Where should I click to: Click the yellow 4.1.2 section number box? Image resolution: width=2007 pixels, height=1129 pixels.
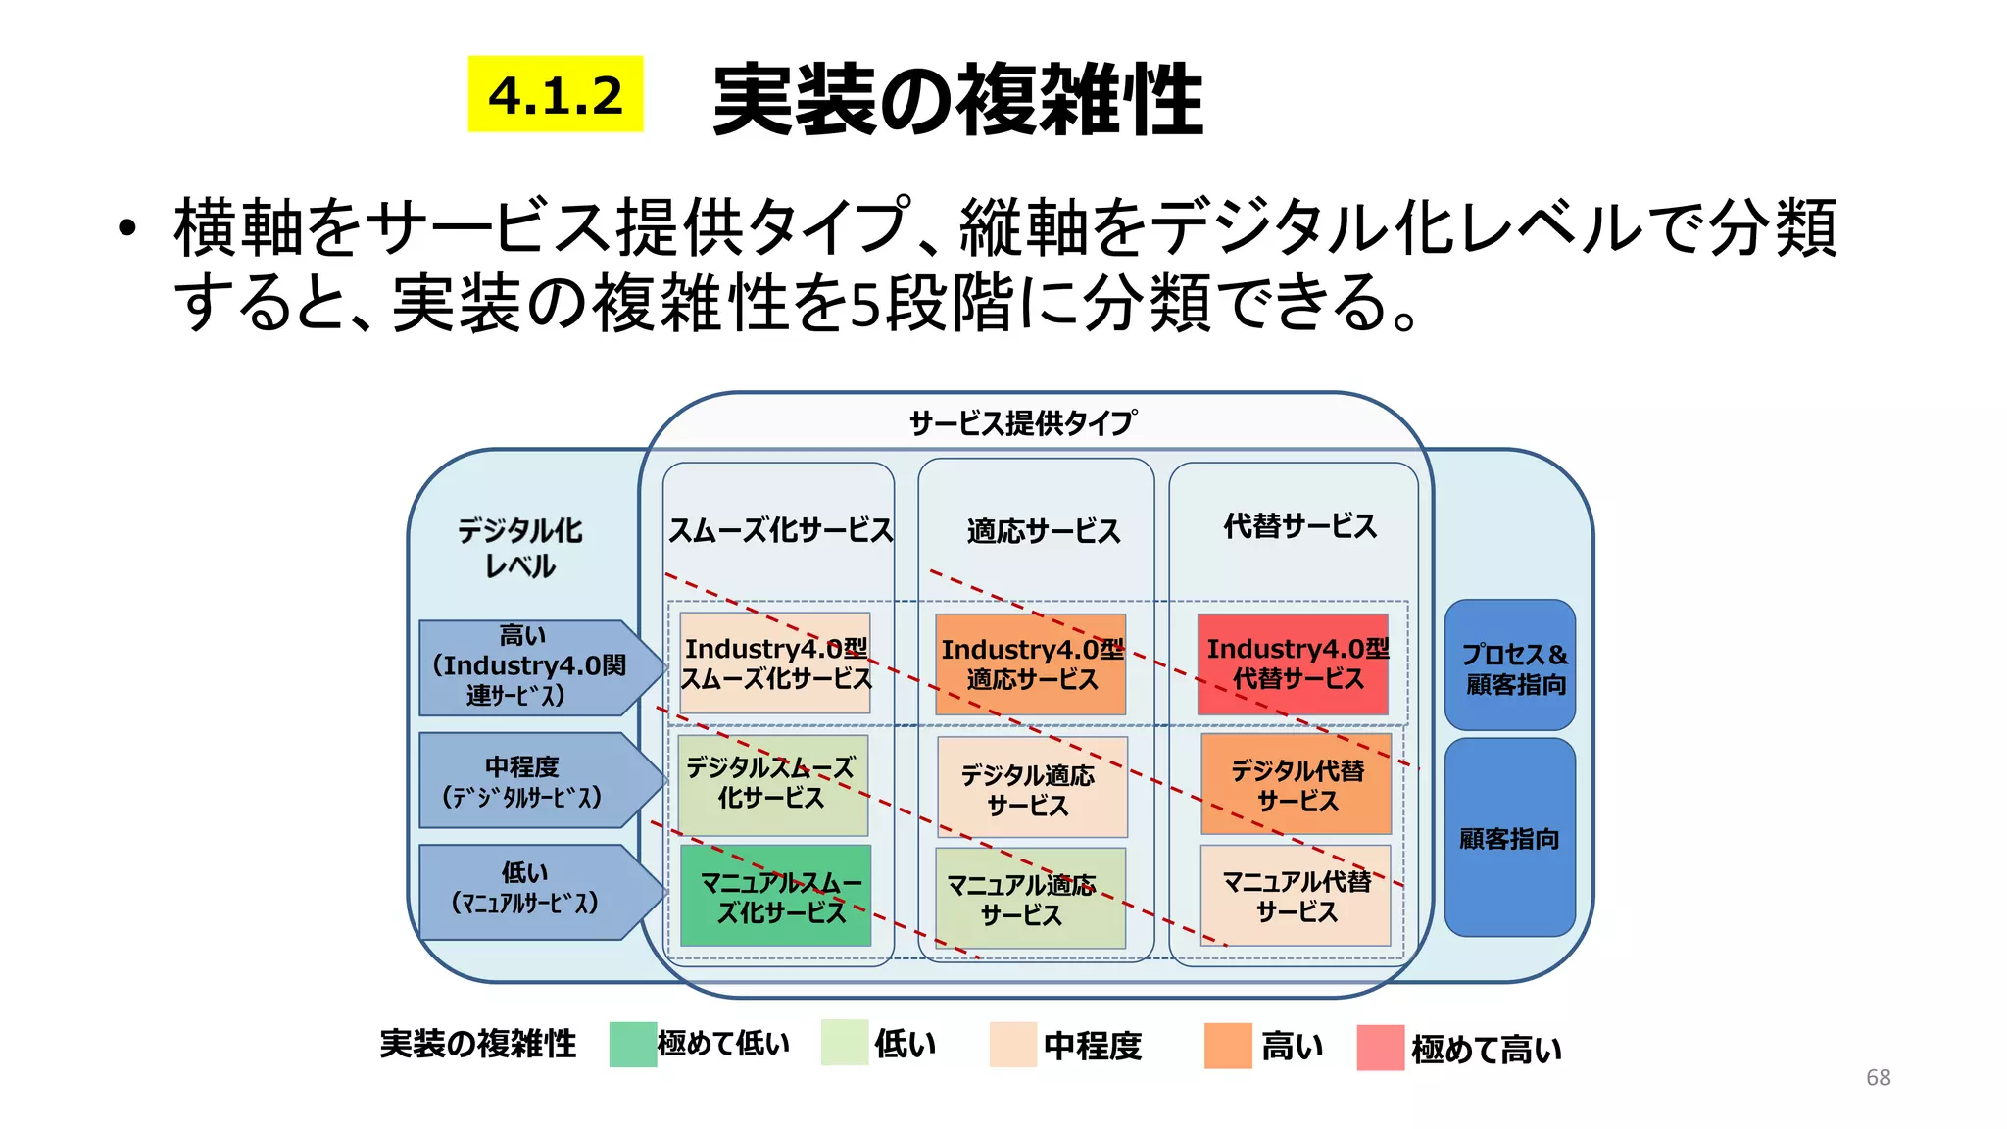pos(555,94)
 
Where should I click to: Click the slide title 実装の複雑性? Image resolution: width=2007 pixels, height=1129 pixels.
pos(957,99)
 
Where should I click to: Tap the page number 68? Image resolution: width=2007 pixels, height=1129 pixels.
pos(1878,1077)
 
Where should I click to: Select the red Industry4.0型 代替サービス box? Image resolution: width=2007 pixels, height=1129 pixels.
pos(1293,663)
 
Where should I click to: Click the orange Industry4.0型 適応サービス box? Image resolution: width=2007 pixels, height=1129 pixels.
pos(1030,663)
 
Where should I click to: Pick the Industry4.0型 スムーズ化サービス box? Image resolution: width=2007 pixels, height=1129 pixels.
pos(774,663)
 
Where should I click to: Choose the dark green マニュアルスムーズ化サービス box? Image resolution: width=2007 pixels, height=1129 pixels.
pos(775,896)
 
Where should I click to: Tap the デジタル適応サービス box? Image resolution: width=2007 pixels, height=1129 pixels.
pos(1031,787)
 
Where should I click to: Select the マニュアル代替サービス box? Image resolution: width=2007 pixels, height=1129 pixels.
pos(1295,895)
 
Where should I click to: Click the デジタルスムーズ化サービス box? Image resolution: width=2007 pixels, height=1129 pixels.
pos(772,784)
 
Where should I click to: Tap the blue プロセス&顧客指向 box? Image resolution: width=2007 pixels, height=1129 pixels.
pos(1509,665)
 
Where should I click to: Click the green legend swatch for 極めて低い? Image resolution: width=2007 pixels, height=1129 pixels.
pos(632,1044)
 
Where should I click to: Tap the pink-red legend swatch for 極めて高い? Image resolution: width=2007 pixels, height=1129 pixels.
pos(1380,1048)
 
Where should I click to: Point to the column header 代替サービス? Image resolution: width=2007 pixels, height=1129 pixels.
pos(1299,526)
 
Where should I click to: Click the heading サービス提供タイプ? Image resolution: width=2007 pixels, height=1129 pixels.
pos(1022,423)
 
